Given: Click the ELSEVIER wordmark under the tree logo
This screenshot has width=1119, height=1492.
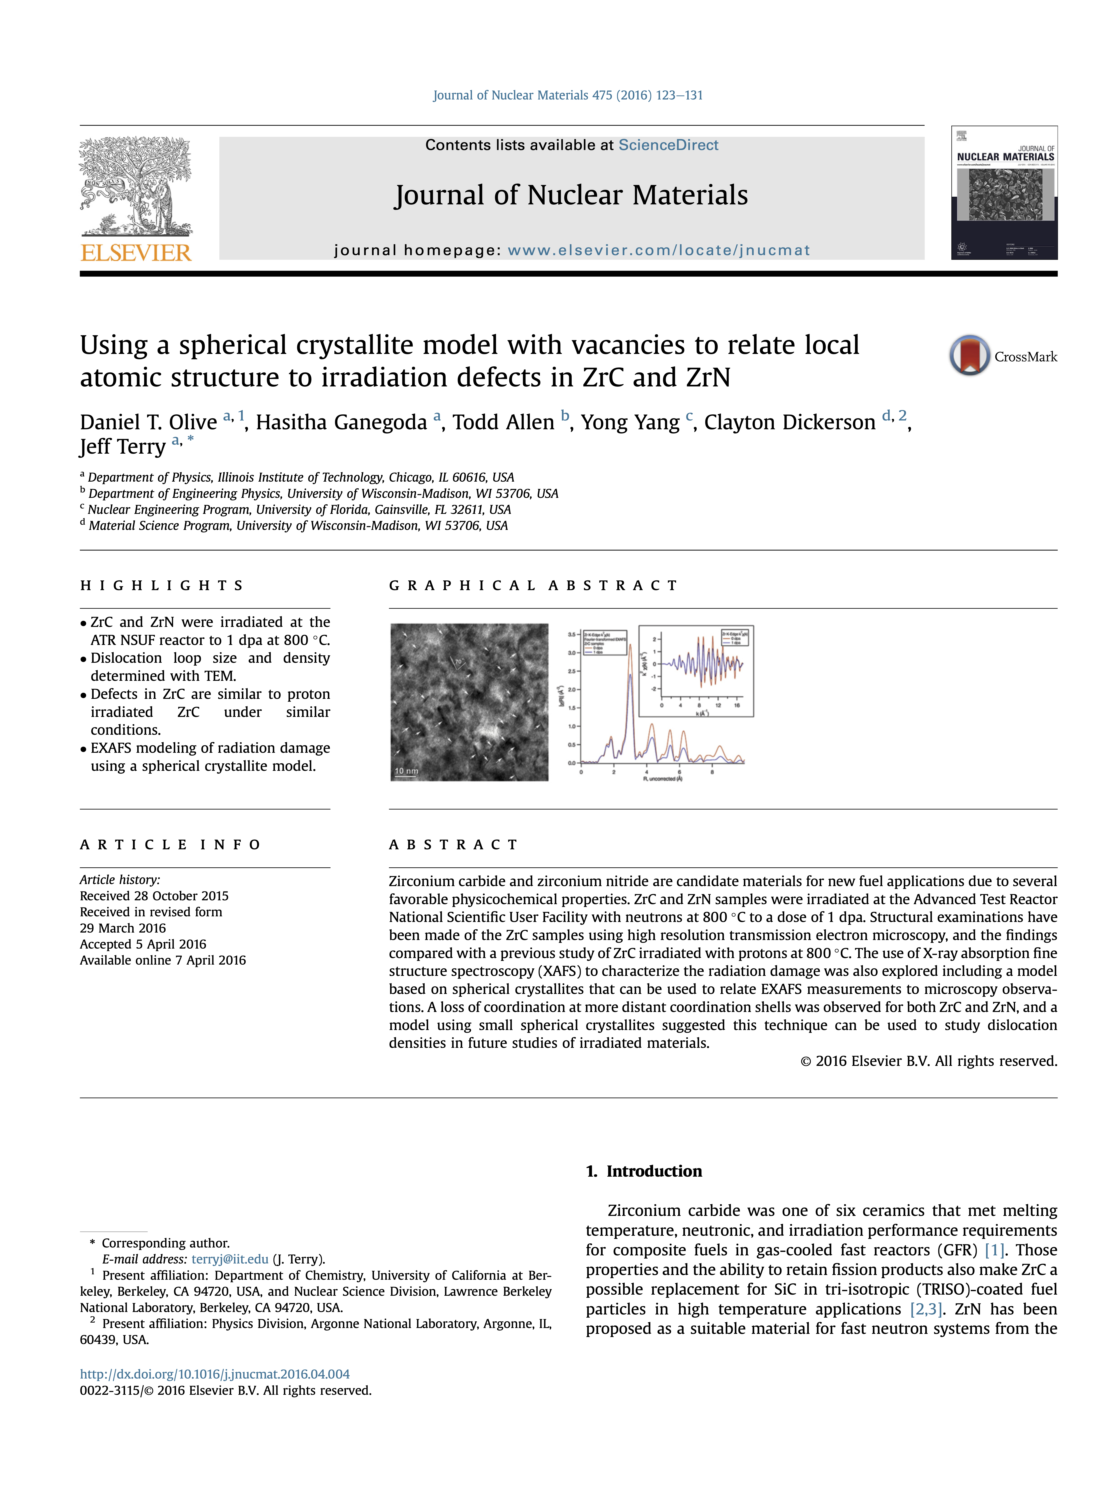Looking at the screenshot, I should point(136,253).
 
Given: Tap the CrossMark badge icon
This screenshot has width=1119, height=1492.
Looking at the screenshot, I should point(969,356).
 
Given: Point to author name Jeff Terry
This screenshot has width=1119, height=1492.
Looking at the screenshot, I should point(123,446).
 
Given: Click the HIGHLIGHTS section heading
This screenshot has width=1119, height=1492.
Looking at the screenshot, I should point(162,585).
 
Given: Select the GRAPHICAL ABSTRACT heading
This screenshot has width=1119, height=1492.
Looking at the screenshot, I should point(533,585).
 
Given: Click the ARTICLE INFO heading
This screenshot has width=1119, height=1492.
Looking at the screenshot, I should point(170,845).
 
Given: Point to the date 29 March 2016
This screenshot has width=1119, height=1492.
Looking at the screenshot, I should point(123,928).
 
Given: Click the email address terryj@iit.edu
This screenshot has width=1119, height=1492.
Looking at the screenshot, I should point(230,1259).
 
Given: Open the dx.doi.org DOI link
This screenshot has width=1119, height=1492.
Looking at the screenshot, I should point(215,1374).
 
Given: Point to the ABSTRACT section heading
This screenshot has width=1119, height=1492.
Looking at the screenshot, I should point(453,845).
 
